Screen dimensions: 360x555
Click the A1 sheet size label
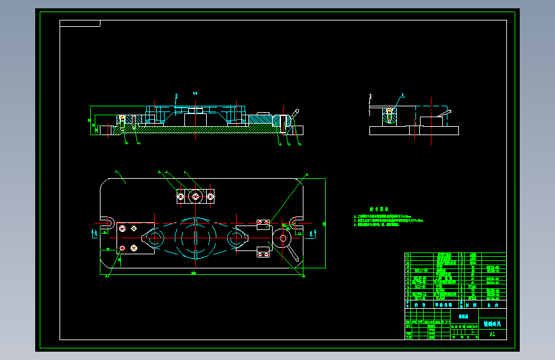pos(492,334)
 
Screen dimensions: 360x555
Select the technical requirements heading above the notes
pos(380,209)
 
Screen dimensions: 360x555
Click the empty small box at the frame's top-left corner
pos(80,24)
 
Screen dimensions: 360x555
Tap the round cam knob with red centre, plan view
pos(282,239)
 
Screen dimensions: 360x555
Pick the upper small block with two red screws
pos(262,224)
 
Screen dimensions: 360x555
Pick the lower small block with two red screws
pos(262,254)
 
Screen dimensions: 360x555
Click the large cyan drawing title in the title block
pos(493,324)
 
